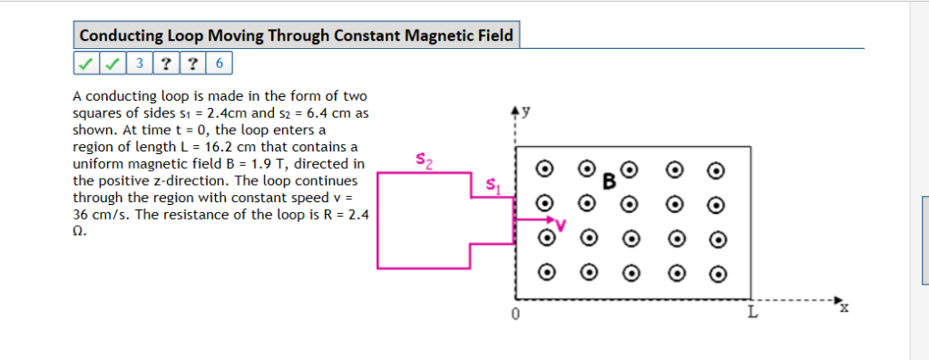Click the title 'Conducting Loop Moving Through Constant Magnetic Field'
[296, 36]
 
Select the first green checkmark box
[84, 63]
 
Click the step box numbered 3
[140, 63]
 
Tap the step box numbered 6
[220, 63]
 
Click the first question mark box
[166, 63]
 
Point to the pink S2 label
[424, 161]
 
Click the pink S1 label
[492, 186]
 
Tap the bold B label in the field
[610, 181]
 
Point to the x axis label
[843, 307]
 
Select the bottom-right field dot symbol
[718, 272]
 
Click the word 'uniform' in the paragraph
[94, 164]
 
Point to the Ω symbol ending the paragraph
[78, 231]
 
